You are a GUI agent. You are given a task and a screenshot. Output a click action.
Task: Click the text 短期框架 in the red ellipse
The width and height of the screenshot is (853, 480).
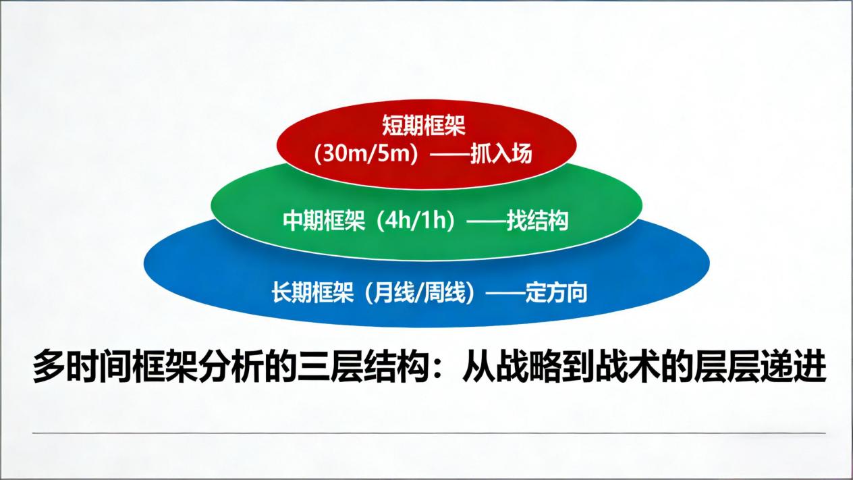click(x=423, y=126)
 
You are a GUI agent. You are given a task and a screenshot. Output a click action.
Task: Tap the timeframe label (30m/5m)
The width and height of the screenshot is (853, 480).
click(x=366, y=155)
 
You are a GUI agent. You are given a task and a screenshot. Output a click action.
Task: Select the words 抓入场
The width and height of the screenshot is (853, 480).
click(x=501, y=155)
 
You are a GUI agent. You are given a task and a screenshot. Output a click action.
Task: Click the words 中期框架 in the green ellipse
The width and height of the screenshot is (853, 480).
click(x=324, y=220)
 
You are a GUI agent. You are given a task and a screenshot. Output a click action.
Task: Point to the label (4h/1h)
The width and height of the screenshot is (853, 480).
click(x=416, y=220)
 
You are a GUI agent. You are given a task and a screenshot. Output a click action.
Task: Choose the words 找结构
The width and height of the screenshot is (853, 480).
click(x=537, y=220)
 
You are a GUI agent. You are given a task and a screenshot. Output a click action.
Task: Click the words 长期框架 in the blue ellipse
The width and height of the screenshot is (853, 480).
click(x=312, y=292)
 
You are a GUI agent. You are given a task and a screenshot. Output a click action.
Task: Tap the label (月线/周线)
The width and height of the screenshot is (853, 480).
click(x=420, y=292)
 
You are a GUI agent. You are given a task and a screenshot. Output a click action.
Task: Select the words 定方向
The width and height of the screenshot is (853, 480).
click(x=556, y=292)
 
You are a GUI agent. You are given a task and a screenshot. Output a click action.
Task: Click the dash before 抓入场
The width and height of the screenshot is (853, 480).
click(x=449, y=155)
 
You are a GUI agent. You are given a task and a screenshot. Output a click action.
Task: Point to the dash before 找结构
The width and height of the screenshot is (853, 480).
click(x=486, y=221)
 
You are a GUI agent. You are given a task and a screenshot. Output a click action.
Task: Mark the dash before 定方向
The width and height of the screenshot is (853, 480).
click(x=505, y=293)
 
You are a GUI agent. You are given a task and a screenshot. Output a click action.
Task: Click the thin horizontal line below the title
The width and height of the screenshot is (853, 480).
click(x=429, y=433)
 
